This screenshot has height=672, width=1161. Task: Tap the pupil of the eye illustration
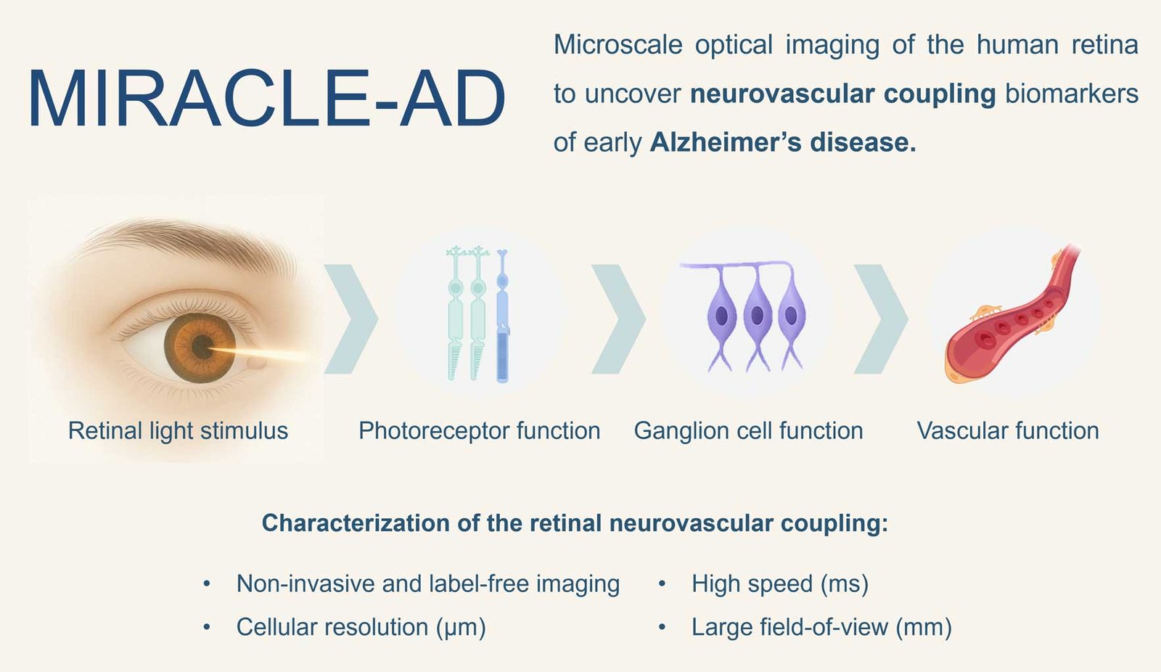(x=201, y=346)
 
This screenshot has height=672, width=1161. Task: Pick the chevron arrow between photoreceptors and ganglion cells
(x=618, y=319)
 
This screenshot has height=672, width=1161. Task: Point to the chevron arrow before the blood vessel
(x=881, y=319)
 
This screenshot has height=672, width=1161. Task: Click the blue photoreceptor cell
(x=502, y=316)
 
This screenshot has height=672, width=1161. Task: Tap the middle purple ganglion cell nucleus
(x=757, y=315)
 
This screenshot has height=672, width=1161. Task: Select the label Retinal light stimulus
(x=178, y=431)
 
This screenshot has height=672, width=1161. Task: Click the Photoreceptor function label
(x=480, y=431)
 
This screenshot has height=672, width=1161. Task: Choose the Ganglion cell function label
(x=748, y=431)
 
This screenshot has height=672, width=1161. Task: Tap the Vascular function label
(x=1008, y=431)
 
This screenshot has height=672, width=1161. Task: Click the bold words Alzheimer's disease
(x=783, y=142)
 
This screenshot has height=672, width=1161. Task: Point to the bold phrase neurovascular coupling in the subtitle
(x=842, y=94)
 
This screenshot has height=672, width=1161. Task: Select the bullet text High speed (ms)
(x=780, y=584)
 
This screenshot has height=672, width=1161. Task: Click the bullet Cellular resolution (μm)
(x=361, y=628)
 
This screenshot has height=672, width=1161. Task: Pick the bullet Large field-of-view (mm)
(x=822, y=628)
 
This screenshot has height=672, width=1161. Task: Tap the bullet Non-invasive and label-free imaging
(x=428, y=584)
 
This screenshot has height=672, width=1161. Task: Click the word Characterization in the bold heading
(x=356, y=523)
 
